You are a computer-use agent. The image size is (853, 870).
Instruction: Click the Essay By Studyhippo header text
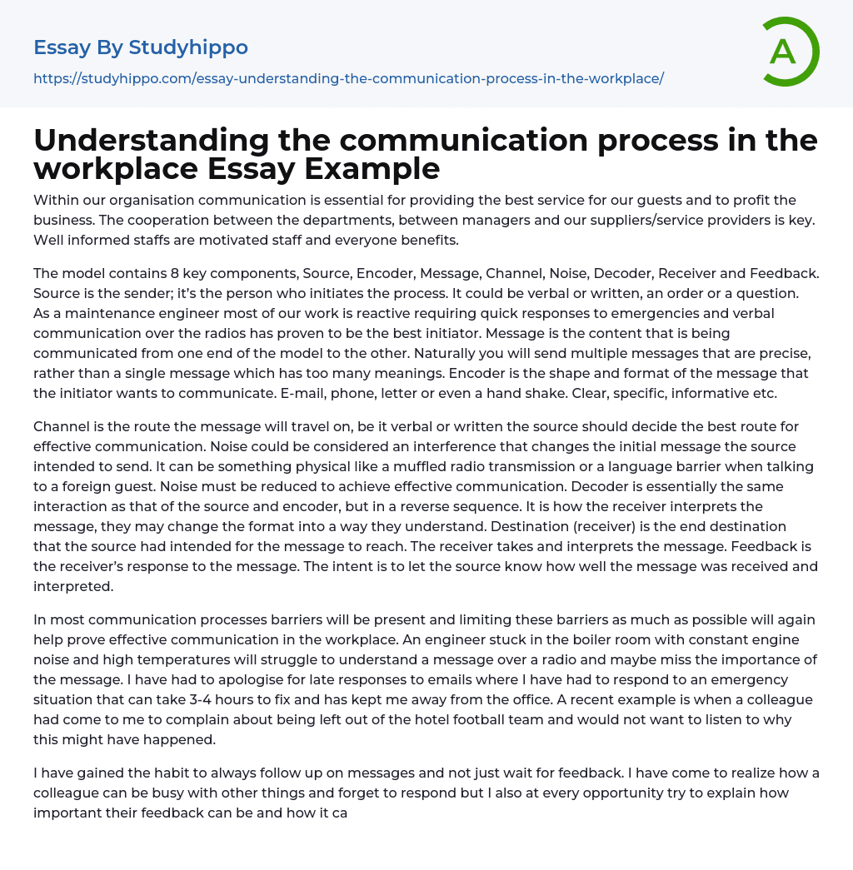click(141, 47)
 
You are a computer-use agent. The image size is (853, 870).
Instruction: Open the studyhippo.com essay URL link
click(348, 78)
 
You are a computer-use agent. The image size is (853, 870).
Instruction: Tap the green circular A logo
click(786, 52)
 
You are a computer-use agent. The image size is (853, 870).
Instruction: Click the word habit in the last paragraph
click(143, 773)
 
